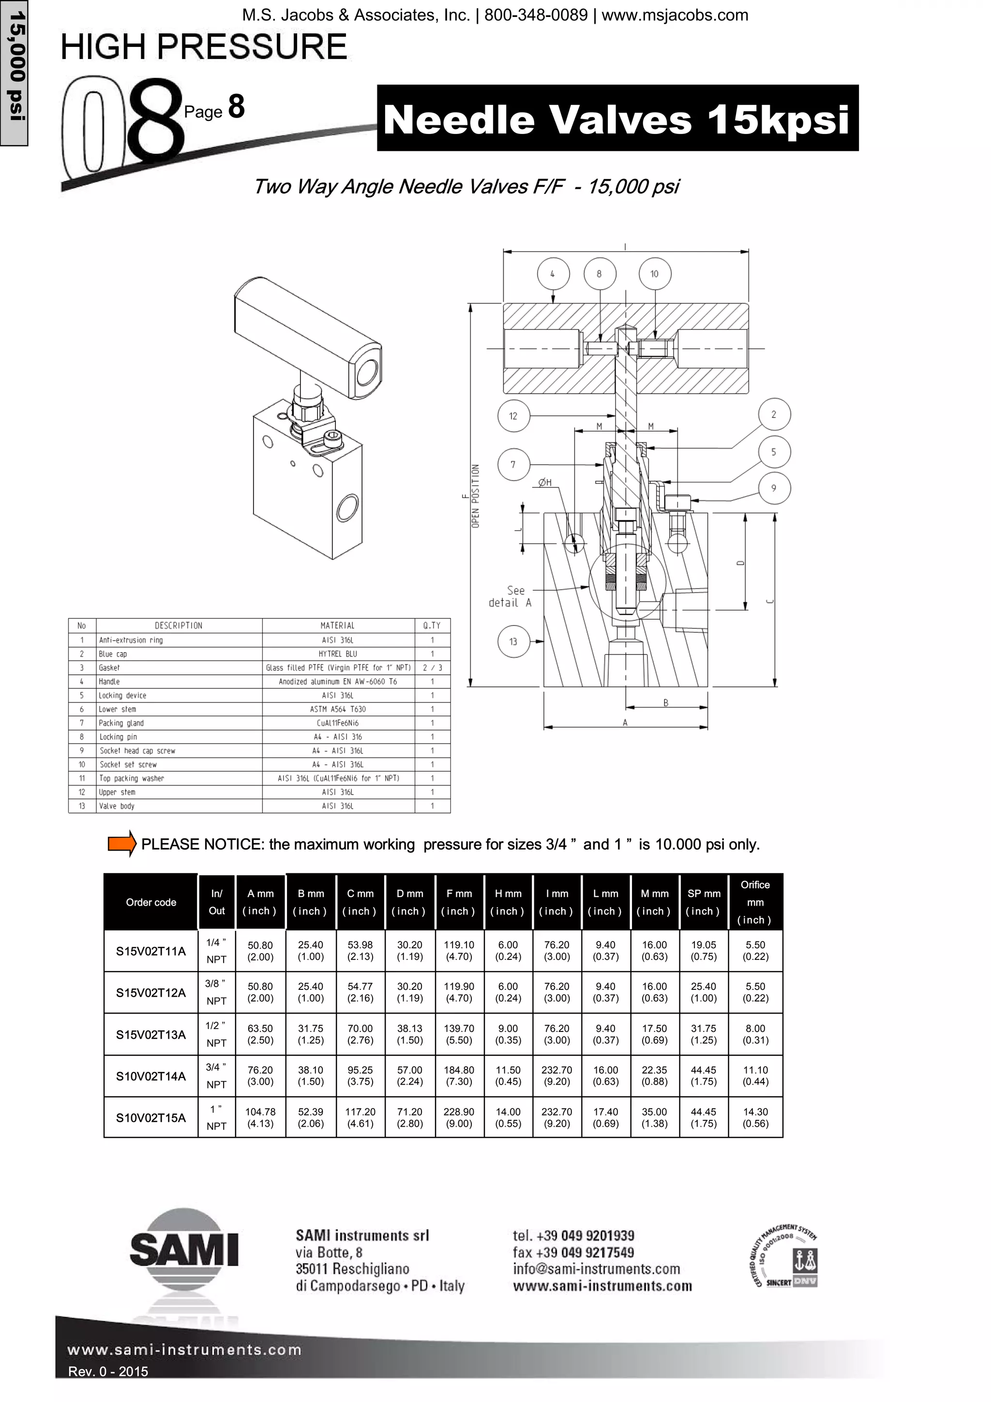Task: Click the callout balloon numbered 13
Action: point(513,641)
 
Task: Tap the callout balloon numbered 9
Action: point(774,488)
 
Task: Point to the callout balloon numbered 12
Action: point(513,416)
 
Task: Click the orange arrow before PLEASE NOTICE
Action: point(121,844)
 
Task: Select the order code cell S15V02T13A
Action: point(151,1034)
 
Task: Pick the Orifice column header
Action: point(755,902)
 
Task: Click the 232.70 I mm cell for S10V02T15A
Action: point(556,1117)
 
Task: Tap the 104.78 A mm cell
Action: point(260,1117)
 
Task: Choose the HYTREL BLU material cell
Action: point(338,654)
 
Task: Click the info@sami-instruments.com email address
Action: point(596,1269)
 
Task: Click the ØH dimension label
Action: point(545,482)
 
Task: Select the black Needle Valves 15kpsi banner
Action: point(617,119)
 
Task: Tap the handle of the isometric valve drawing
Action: point(308,337)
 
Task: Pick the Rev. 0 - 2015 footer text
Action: point(108,1372)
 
